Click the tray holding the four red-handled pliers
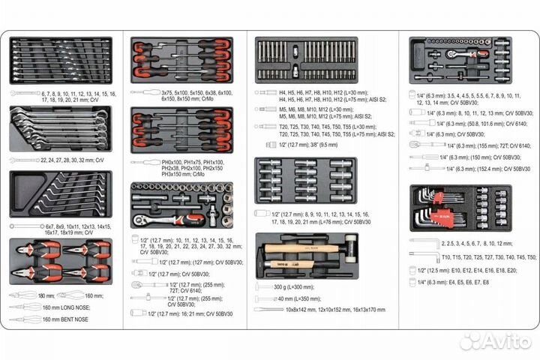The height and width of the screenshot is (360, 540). [x=61, y=263]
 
